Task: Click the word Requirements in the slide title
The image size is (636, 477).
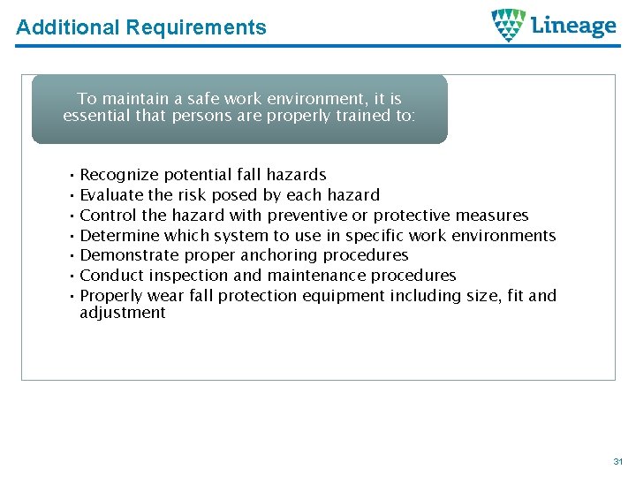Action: pos(195,27)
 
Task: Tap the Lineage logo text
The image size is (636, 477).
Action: pos(574,26)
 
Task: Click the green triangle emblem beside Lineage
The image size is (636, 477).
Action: pos(509,26)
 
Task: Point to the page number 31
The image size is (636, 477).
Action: pos(617,462)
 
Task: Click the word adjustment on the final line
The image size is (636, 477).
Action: pos(123,313)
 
